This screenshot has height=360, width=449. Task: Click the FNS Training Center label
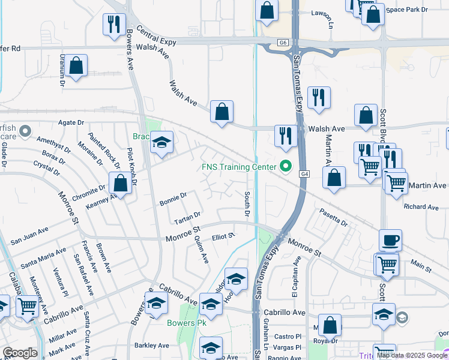click(x=239, y=166)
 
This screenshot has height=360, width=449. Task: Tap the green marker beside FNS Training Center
click(x=286, y=167)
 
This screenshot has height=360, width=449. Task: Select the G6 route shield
click(x=283, y=43)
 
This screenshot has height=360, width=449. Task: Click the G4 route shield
click(x=306, y=174)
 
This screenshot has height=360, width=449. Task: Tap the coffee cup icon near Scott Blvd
click(x=390, y=239)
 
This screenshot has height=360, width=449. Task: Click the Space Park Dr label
click(x=408, y=10)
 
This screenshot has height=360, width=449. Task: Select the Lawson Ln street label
click(x=331, y=19)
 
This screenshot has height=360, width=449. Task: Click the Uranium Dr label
click(x=62, y=71)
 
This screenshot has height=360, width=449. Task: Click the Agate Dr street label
click(x=71, y=122)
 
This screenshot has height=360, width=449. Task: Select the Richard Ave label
click(x=421, y=207)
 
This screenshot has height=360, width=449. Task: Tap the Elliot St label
click(x=223, y=237)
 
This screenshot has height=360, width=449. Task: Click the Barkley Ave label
click(x=152, y=345)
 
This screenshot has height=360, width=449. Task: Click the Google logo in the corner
click(x=20, y=353)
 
